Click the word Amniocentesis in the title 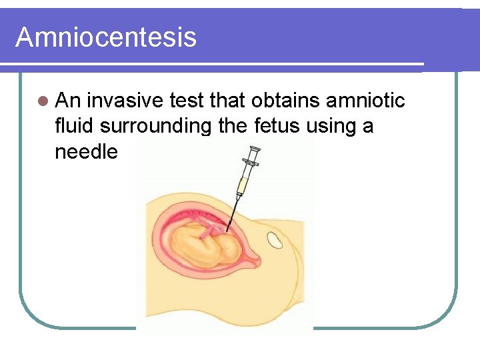106,37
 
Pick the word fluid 75,126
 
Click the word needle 86,152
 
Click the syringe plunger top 254,148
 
